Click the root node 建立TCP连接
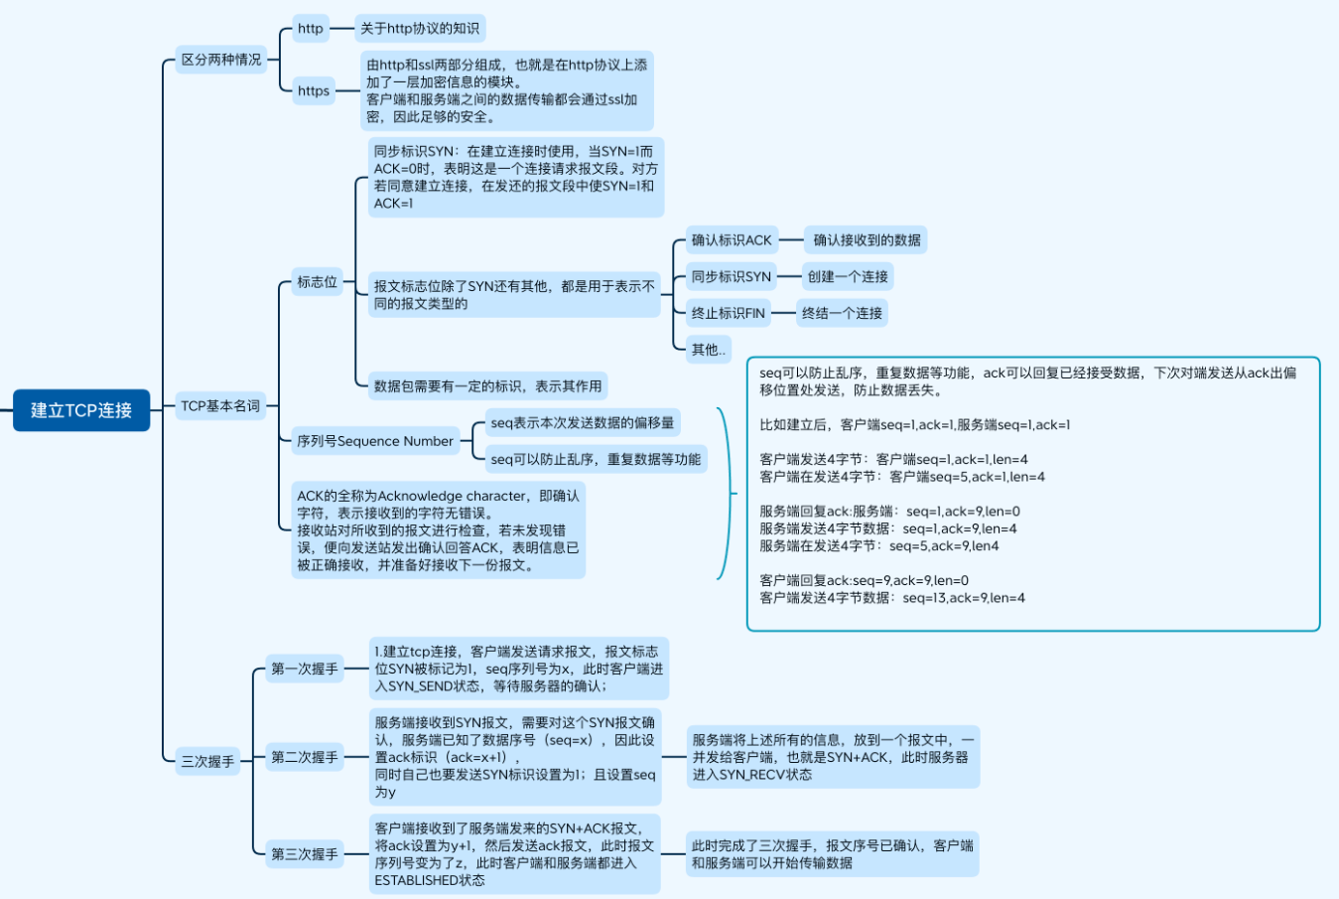pyautogui.click(x=81, y=410)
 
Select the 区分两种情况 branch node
pyautogui.click(x=220, y=60)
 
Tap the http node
pyautogui.click(x=311, y=29)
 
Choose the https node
pyautogui.click(x=314, y=90)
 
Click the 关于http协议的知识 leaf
pyautogui.click(x=420, y=29)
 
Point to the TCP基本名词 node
pyautogui.click(x=220, y=405)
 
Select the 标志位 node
pyautogui.click(x=318, y=282)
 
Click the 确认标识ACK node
pyautogui.click(x=732, y=239)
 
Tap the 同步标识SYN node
pyautogui.click(x=732, y=276)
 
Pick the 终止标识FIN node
pyautogui.click(x=729, y=313)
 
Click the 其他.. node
pyautogui.click(x=709, y=349)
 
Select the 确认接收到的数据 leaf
pyautogui.click(x=867, y=239)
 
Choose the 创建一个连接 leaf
pyautogui.click(x=848, y=276)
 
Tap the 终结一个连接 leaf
pyautogui.click(x=842, y=313)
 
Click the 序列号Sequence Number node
pyautogui.click(x=375, y=441)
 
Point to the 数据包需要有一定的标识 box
pyautogui.click(x=487, y=385)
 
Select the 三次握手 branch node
pyautogui.click(x=207, y=762)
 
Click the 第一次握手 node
pyautogui.click(x=305, y=669)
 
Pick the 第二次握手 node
pyautogui.click(x=305, y=757)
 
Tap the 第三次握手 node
pyautogui.click(x=305, y=853)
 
